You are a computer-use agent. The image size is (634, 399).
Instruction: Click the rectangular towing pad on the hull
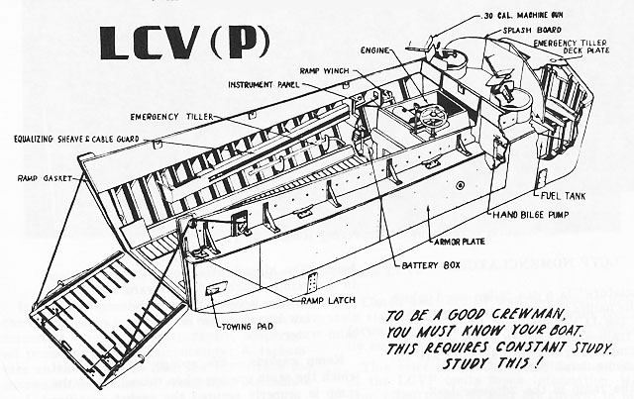[x=216, y=290]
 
